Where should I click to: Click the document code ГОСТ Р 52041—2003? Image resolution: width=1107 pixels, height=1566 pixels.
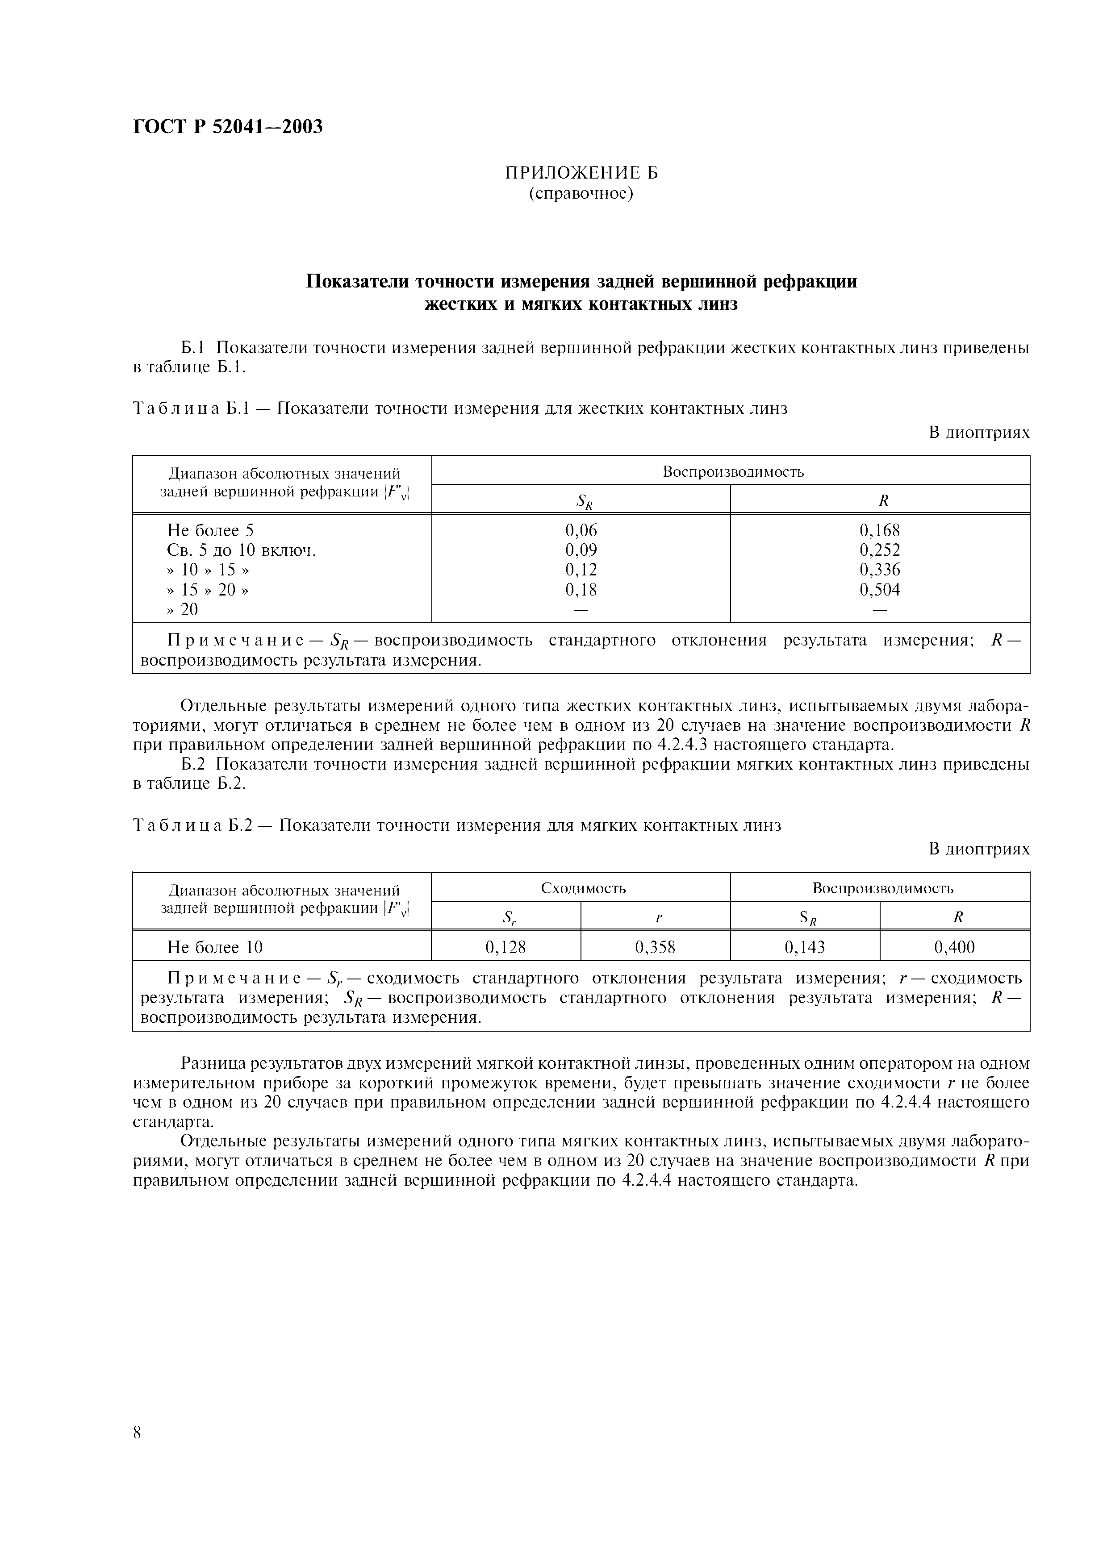coord(227,127)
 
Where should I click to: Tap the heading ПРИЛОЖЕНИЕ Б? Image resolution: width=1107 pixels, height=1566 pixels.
coord(581,173)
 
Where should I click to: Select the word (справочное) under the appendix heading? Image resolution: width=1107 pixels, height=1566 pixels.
coord(581,194)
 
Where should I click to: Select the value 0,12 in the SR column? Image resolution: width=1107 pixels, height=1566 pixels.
coord(581,570)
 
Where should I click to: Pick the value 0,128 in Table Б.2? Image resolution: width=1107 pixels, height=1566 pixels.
coord(505,947)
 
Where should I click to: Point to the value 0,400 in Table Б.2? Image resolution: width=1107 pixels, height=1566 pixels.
coord(954,947)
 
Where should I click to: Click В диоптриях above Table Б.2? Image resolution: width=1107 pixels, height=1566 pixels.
coord(979,849)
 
